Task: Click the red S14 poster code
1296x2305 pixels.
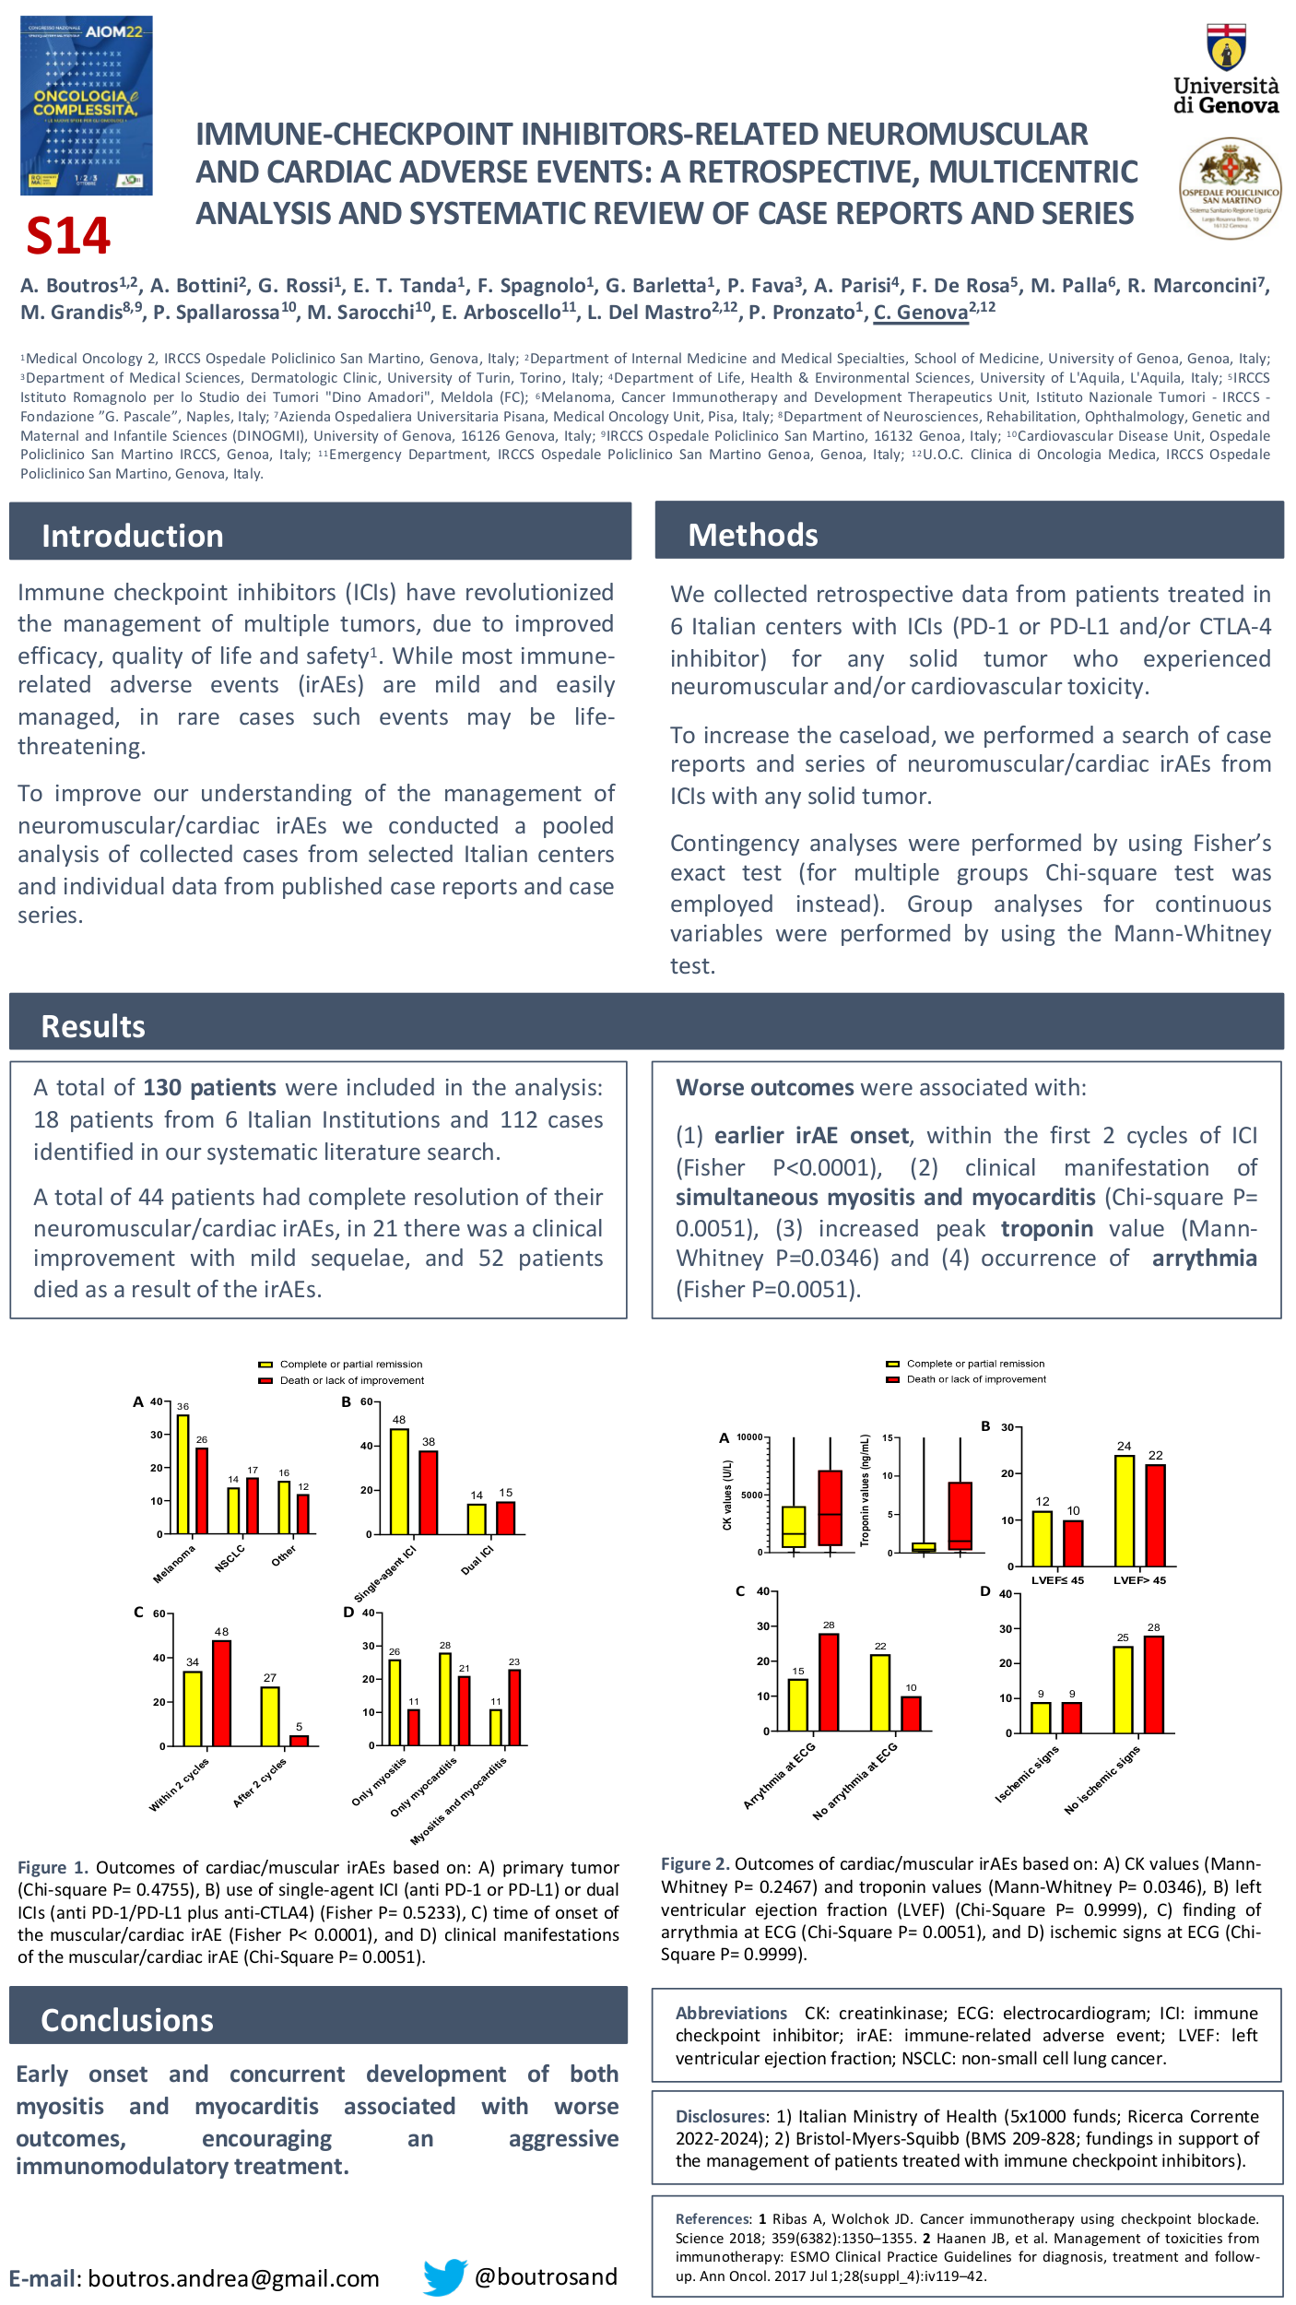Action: tap(68, 236)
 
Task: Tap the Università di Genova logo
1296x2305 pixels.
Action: tap(1226, 70)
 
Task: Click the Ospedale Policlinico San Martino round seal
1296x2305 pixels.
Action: tap(1231, 188)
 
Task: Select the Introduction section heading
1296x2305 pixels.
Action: tap(133, 536)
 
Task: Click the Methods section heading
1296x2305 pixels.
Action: tap(753, 535)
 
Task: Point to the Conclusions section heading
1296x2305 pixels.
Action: tap(127, 2020)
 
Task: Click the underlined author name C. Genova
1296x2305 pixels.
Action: tap(920, 313)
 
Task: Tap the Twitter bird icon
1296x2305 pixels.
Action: tap(445, 2276)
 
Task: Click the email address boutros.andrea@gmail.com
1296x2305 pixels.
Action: tap(233, 2278)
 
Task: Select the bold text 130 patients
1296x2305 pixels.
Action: tap(209, 1088)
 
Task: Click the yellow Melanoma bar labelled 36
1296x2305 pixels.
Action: tap(183, 1474)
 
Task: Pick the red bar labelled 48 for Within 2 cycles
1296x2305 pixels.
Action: tap(221, 1693)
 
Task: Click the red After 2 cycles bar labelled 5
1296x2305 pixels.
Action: tap(299, 1740)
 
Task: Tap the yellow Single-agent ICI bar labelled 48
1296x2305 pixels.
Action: tap(399, 1481)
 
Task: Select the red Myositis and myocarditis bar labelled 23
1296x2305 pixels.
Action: tap(514, 1707)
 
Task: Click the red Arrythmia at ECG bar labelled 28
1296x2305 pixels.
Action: tap(829, 1682)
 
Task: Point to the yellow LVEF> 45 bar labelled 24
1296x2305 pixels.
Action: tap(1124, 1510)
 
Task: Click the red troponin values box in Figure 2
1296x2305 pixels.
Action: tap(960, 1516)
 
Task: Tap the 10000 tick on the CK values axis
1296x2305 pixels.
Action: tap(749, 1437)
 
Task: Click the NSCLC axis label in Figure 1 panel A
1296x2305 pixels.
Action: tap(230, 1557)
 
